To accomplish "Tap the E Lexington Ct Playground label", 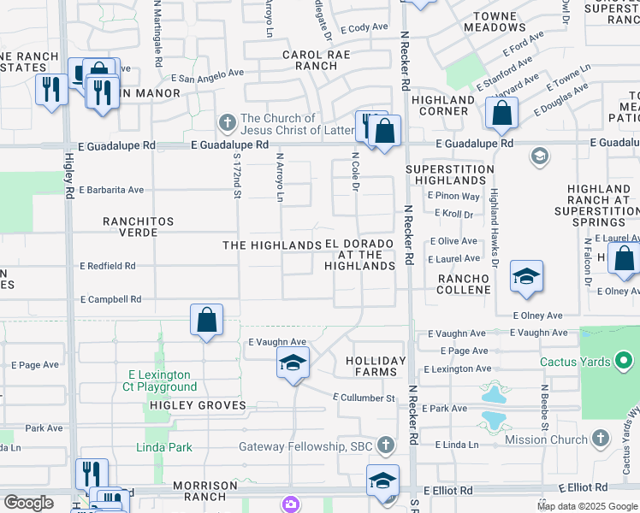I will coord(163,380).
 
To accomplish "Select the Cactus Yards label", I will coord(575,362).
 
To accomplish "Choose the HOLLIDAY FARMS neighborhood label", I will coord(376,366).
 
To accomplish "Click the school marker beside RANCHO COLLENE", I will coord(526,277).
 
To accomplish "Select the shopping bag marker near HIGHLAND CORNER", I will coord(501,113).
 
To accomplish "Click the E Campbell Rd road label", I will coord(110,300).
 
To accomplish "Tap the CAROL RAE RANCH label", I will coord(311,60).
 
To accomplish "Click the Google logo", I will coord(28,503).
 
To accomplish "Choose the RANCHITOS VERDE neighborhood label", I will coord(139,227).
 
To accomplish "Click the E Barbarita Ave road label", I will coord(111,190).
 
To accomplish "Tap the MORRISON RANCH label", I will coord(205,491).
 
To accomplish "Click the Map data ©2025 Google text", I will coord(586,506).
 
